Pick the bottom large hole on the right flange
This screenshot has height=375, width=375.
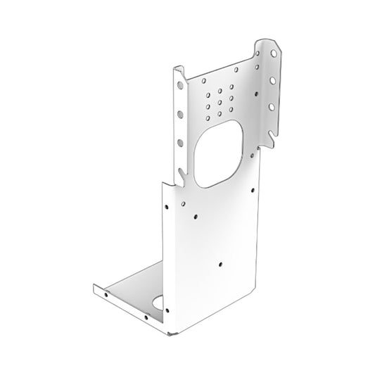pyautogui.click(x=271, y=107)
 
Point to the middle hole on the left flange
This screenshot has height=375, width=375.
pyautogui.click(x=181, y=115)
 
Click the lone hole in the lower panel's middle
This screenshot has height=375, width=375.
pyautogui.click(x=220, y=265)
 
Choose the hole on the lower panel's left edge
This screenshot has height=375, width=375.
pyautogui.click(x=166, y=208)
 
